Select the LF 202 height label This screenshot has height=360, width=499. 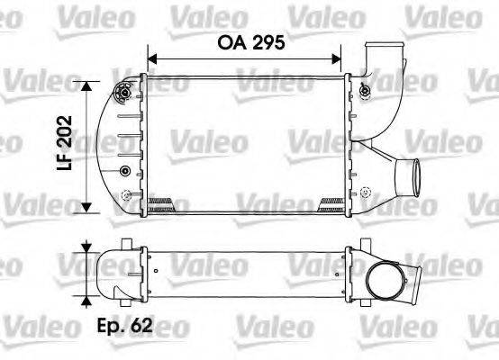(62, 144)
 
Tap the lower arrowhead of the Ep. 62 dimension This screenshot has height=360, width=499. (86, 301)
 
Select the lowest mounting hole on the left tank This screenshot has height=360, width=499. (125, 194)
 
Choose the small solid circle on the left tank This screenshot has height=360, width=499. (124, 171)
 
